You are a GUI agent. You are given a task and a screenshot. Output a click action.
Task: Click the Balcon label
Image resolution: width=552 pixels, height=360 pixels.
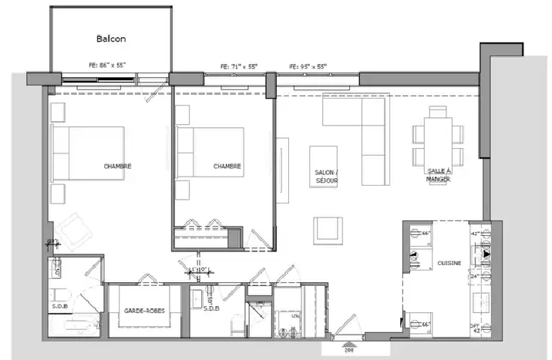click(111, 39)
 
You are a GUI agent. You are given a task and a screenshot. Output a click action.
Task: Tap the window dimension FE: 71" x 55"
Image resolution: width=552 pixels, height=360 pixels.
click(238, 67)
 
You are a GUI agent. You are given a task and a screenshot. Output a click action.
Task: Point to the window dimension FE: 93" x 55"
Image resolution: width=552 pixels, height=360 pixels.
click(308, 67)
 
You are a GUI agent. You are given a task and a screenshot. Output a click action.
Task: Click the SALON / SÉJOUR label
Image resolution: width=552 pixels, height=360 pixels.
click(327, 177)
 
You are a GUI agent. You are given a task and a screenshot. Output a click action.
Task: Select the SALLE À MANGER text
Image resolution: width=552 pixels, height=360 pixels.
click(438, 177)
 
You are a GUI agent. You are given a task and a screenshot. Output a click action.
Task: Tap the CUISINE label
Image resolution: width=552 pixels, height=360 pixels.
click(449, 264)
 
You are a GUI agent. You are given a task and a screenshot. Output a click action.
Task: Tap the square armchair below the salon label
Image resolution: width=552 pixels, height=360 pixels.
click(328, 230)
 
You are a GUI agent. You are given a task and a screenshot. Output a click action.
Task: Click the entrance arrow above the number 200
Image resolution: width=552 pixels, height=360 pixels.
click(349, 343)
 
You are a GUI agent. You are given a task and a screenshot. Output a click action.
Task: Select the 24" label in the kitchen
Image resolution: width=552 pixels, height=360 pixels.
click(475, 275)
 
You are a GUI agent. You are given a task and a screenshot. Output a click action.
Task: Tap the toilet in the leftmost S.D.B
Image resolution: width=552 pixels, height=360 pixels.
click(59, 296)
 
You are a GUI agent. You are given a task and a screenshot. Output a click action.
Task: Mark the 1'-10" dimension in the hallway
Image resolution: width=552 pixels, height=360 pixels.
click(200, 270)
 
